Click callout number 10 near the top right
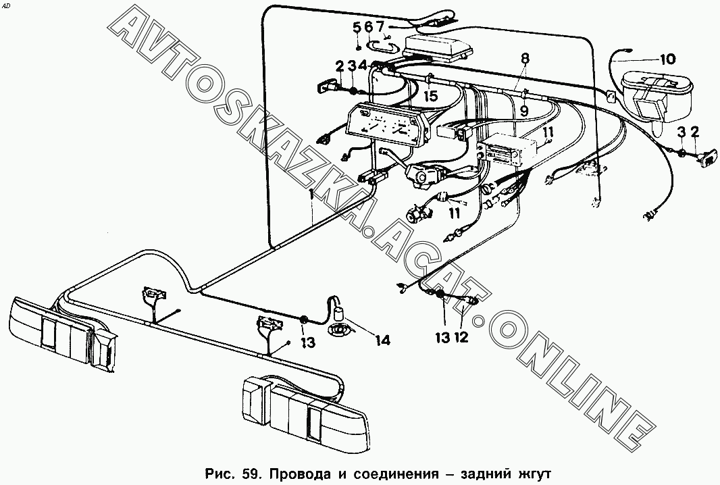tap(667, 59)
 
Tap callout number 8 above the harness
tap(525, 58)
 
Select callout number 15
tap(431, 97)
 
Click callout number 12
tap(461, 337)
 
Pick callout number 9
tap(524, 111)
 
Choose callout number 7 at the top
tap(380, 27)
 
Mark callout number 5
tap(357, 27)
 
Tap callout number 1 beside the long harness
tap(311, 194)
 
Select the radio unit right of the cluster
tap(507, 149)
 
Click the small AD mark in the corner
tap(6, 5)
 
